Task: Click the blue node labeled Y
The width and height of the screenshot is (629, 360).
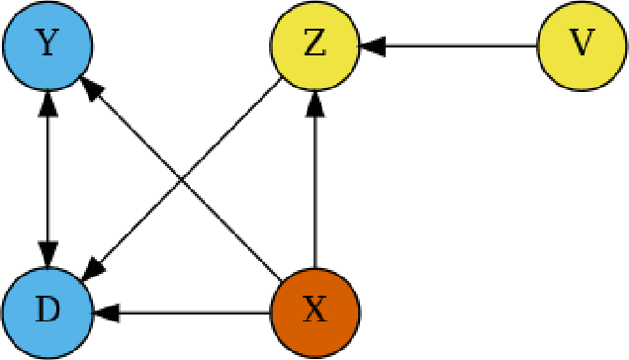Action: pyautogui.click(x=46, y=45)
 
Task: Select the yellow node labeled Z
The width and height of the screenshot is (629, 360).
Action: pyautogui.click(x=314, y=45)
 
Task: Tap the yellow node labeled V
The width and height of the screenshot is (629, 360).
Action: pyautogui.click(x=582, y=45)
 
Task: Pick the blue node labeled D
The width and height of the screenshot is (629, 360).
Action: pyautogui.click(x=46, y=313)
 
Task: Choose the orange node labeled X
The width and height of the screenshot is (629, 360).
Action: pyautogui.click(x=314, y=313)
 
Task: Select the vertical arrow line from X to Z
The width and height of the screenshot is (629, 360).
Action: pyautogui.click(x=314, y=188)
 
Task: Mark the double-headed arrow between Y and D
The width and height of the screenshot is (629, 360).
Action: pyautogui.click(x=46, y=179)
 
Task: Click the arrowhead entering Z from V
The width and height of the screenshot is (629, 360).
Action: pyautogui.click(x=370, y=45)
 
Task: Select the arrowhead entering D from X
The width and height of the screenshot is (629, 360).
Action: pyautogui.click(x=102, y=313)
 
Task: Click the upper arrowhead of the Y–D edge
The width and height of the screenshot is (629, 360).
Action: pyautogui.click(x=46, y=100)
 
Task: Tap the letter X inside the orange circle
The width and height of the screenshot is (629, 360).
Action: pyautogui.click(x=314, y=313)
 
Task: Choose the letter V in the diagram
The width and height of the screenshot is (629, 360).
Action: pyautogui.click(x=582, y=45)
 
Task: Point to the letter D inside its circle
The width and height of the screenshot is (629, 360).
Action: pyautogui.click(x=46, y=313)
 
